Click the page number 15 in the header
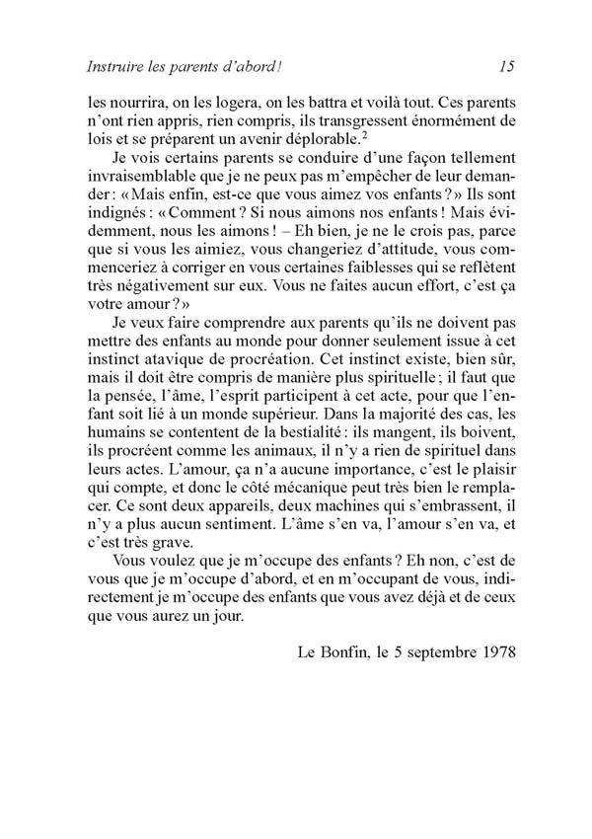[x=507, y=68]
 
